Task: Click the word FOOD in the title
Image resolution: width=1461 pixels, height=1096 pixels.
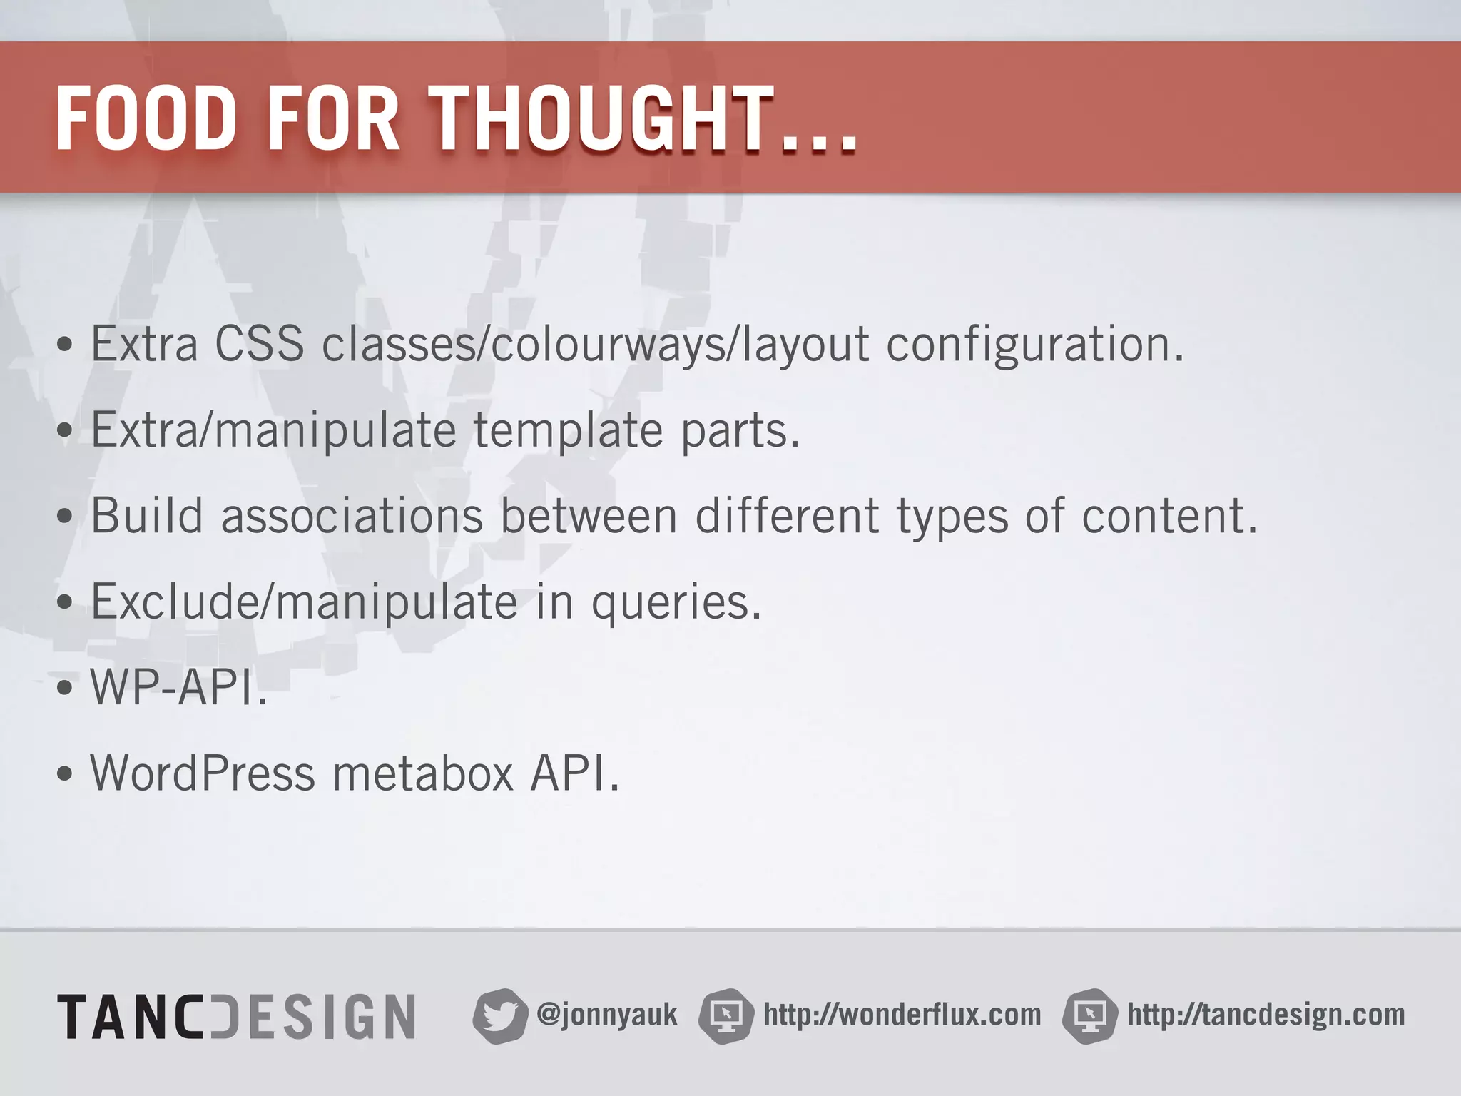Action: (146, 118)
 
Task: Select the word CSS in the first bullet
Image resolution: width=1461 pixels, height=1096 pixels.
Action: (259, 345)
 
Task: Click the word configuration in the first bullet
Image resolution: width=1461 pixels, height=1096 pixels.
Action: (1034, 345)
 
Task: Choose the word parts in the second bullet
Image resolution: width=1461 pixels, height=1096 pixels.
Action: (740, 430)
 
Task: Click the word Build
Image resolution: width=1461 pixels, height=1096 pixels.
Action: (147, 515)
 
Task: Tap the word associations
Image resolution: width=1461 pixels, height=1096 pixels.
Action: (352, 515)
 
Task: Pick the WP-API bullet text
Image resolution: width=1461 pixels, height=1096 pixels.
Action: (178, 687)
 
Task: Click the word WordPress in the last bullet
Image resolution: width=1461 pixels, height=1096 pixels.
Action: (203, 773)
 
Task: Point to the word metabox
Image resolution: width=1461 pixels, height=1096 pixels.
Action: (423, 773)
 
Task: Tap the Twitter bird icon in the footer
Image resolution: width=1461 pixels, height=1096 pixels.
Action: (499, 1015)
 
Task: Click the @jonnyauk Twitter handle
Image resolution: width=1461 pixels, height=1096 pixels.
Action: (606, 1015)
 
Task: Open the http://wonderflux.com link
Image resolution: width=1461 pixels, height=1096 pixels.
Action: (902, 1015)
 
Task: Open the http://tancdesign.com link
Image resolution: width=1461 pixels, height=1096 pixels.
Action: (1266, 1015)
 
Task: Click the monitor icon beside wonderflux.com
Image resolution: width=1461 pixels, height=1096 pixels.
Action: (726, 1015)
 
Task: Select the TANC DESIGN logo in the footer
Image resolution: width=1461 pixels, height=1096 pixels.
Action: (236, 1016)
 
